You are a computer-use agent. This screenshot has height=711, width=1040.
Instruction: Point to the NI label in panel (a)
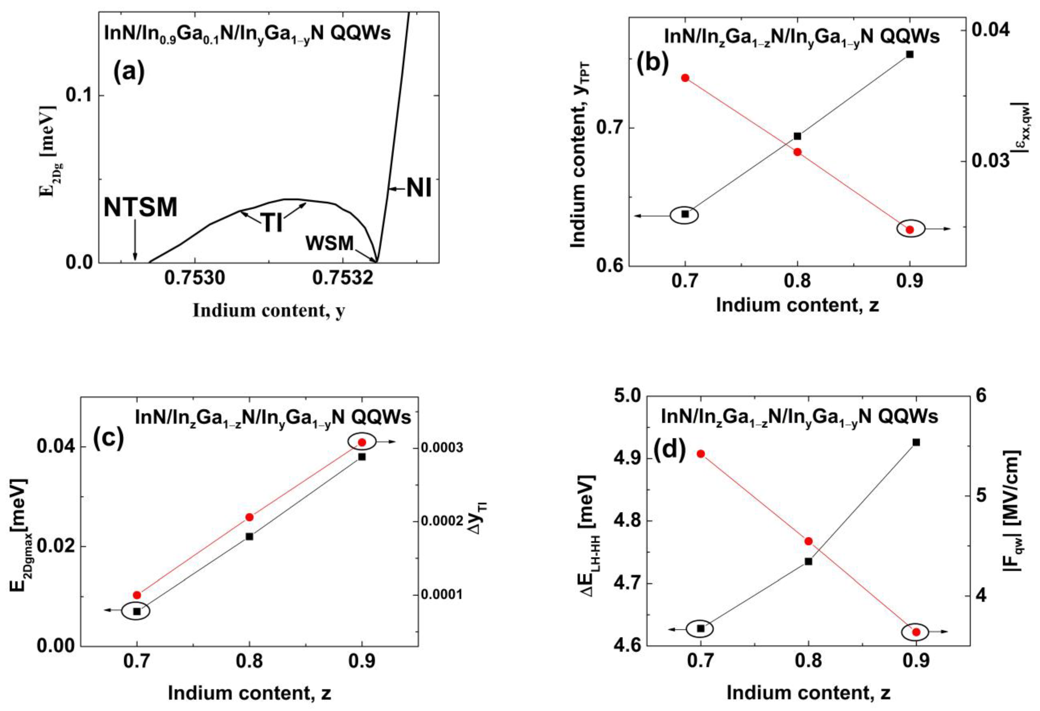coord(419,189)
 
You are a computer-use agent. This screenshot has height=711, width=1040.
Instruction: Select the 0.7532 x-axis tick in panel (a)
coord(342,278)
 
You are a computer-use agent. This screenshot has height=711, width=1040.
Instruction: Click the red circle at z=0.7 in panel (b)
coord(685,78)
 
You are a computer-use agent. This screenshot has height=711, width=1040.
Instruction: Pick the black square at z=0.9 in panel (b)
coord(909,54)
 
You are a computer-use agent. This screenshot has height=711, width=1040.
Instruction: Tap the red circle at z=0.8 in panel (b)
coord(797,152)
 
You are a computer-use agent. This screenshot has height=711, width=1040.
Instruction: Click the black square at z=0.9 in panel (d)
coord(916,442)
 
